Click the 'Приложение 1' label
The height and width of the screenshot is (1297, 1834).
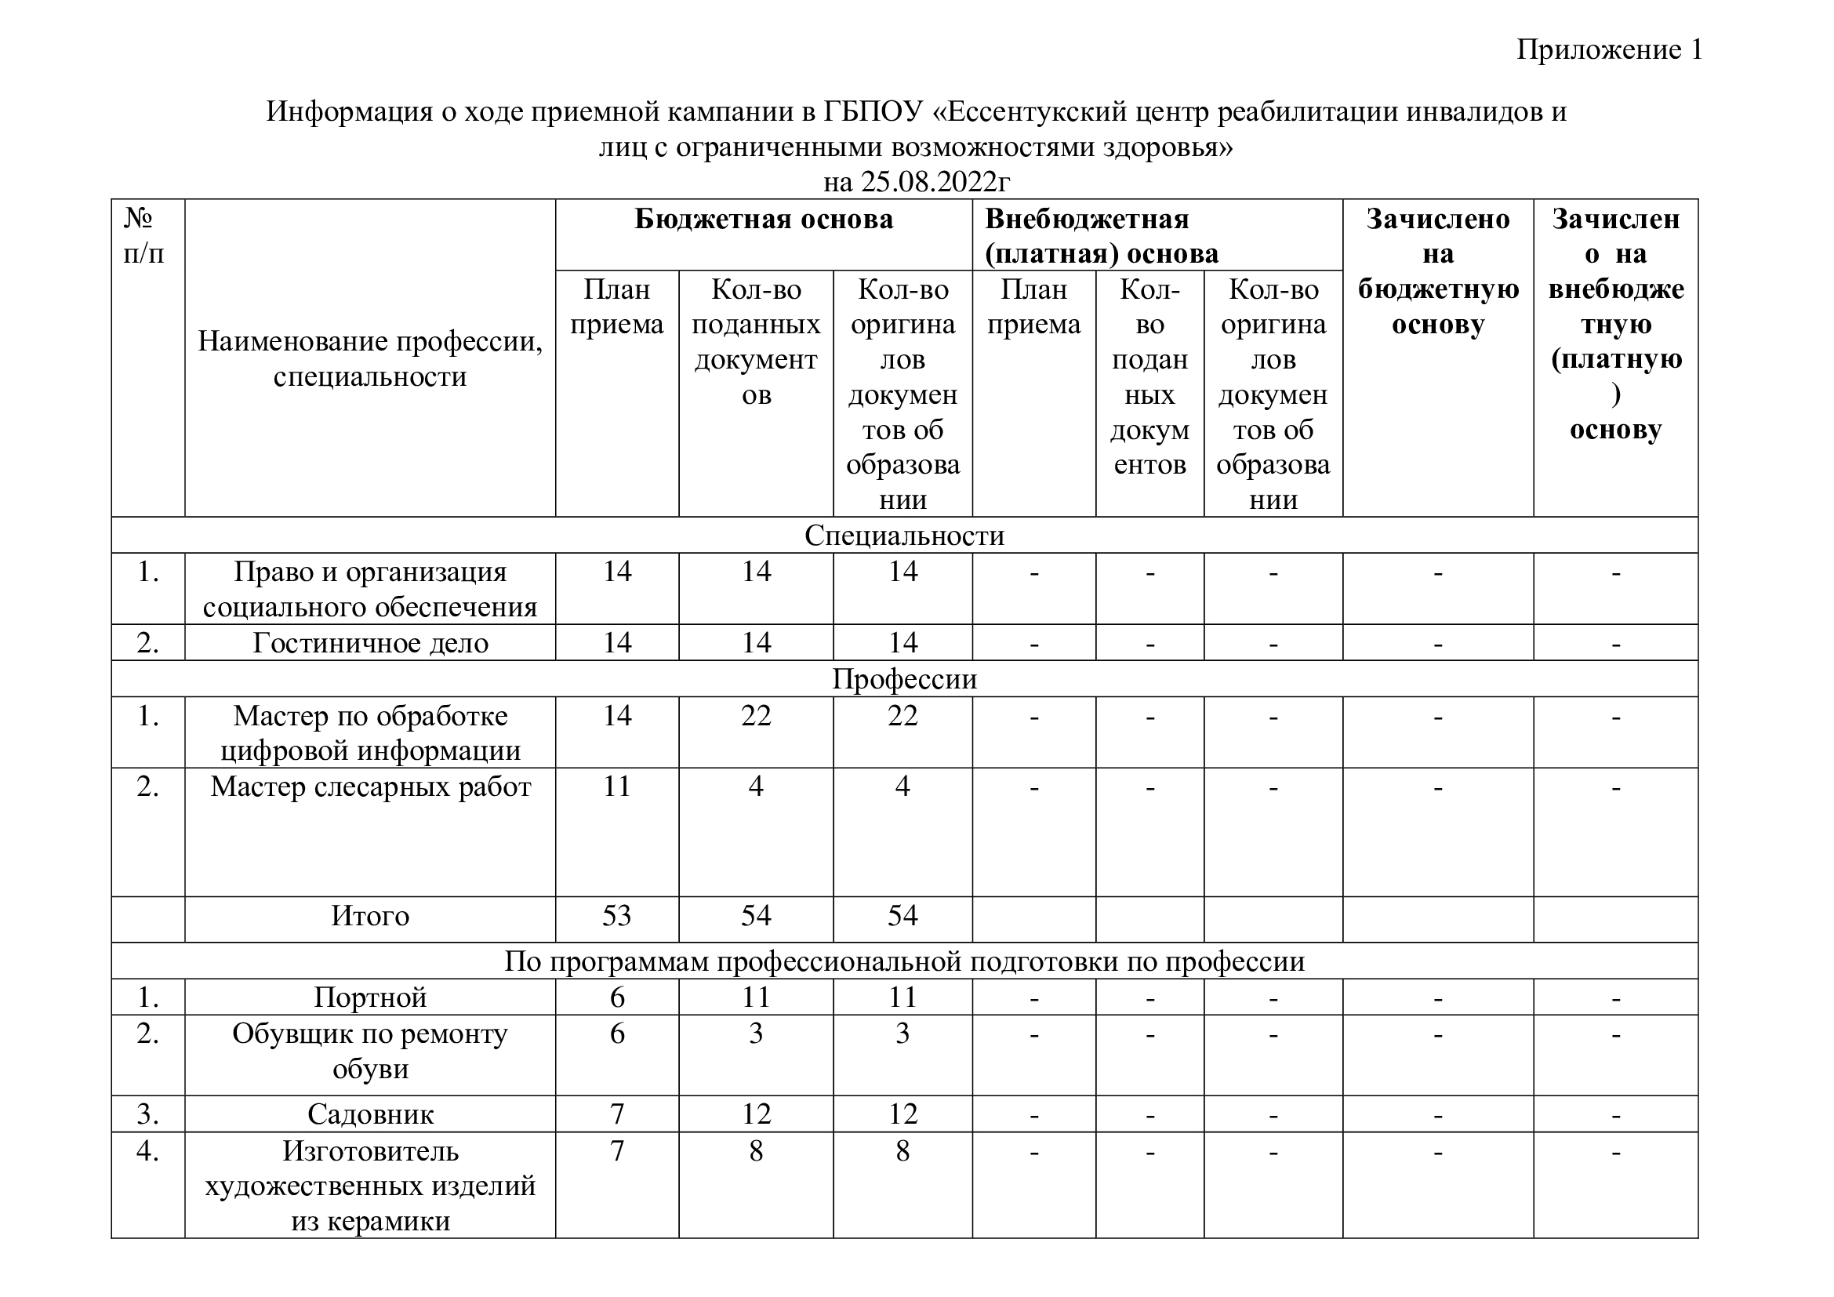point(1609,49)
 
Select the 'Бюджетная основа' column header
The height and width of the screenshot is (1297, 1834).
point(763,219)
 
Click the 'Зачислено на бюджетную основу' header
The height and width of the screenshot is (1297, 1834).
point(1437,271)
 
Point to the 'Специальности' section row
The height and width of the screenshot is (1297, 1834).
point(903,535)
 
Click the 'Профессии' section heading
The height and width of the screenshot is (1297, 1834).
point(903,679)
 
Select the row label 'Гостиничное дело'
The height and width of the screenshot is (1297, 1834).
point(370,643)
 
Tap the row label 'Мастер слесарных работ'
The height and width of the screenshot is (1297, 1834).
point(370,787)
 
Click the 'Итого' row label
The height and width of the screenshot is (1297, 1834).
point(370,916)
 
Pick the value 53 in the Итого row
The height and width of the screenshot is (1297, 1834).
point(616,916)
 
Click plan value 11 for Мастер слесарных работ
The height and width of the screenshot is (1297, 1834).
point(616,787)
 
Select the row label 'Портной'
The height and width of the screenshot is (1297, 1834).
point(370,997)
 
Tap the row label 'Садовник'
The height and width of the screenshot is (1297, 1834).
point(370,1114)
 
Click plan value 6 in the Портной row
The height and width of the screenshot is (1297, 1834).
point(616,997)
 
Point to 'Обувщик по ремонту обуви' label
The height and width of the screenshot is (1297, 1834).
point(370,1051)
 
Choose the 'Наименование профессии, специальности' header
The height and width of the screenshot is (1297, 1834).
point(370,358)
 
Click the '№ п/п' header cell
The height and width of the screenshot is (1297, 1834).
point(143,236)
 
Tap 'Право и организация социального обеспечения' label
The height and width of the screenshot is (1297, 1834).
point(370,590)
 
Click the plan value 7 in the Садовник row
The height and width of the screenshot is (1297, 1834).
point(616,1114)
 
